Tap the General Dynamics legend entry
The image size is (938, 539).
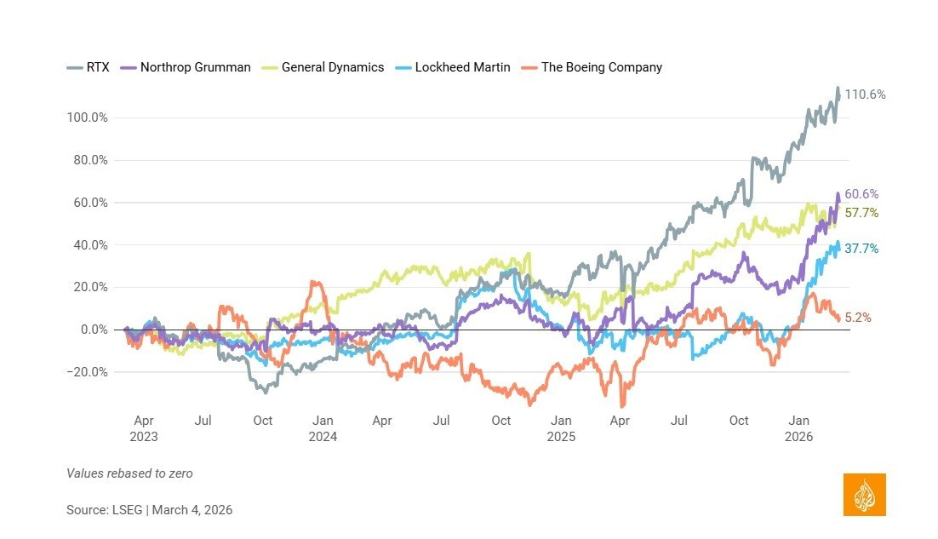click(326, 67)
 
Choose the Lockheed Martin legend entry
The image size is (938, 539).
click(455, 67)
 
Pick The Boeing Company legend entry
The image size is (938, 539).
click(593, 67)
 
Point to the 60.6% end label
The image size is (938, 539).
click(862, 194)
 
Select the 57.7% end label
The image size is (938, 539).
click(862, 213)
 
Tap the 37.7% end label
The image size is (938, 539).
click(862, 249)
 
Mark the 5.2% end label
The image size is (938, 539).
click(859, 318)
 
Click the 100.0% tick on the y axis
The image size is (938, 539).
click(88, 118)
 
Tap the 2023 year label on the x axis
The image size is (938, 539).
click(145, 437)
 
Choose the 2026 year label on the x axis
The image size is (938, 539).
click(799, 437)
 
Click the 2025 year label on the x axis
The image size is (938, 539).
click(561, 437)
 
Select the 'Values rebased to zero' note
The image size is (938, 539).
click(129, 473)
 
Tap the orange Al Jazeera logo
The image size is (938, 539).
click(864, 495)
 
